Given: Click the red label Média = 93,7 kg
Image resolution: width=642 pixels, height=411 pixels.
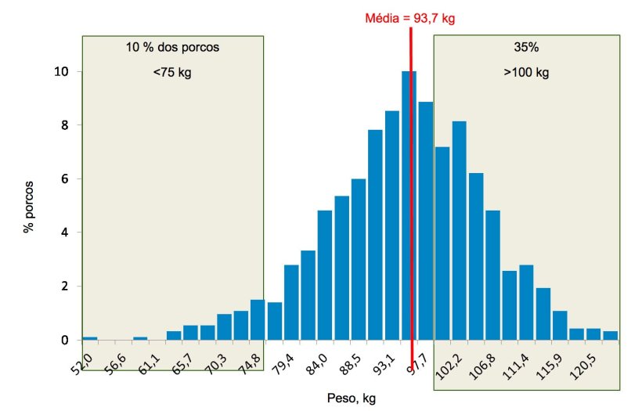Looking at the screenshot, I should pos(409,19).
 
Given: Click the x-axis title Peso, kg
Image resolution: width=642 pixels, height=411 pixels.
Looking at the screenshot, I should pos(351,398).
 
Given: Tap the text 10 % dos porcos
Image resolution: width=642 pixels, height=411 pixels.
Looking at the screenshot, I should pos(172,47).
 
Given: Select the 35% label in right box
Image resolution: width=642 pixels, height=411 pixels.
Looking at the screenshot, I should pos(526,47).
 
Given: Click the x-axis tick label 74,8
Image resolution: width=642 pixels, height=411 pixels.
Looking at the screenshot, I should pos(252,362).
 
